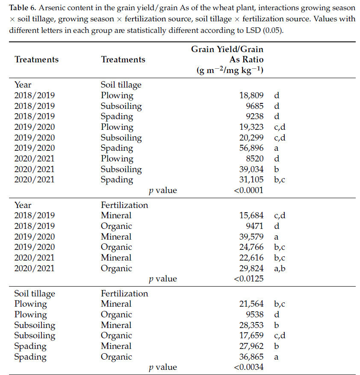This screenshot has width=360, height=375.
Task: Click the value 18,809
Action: coord(251,95)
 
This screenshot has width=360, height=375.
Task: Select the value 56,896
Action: coord(251,148)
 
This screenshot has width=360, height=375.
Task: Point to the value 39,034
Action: coord(251,169)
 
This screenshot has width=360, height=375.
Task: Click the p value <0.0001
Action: coord(249,190)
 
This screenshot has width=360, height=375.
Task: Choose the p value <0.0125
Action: coord(249,279)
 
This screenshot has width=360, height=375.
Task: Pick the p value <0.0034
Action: coord(249,367)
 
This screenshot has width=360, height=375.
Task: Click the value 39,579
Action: coord(251,237)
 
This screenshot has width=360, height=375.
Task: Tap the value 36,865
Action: coord(251,357)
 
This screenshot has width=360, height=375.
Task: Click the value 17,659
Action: coord(251,336)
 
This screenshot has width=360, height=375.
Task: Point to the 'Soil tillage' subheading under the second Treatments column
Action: coord(121,85)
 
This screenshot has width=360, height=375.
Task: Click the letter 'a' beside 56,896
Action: coord(276,148)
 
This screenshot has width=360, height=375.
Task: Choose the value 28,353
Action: coord(251,325)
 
